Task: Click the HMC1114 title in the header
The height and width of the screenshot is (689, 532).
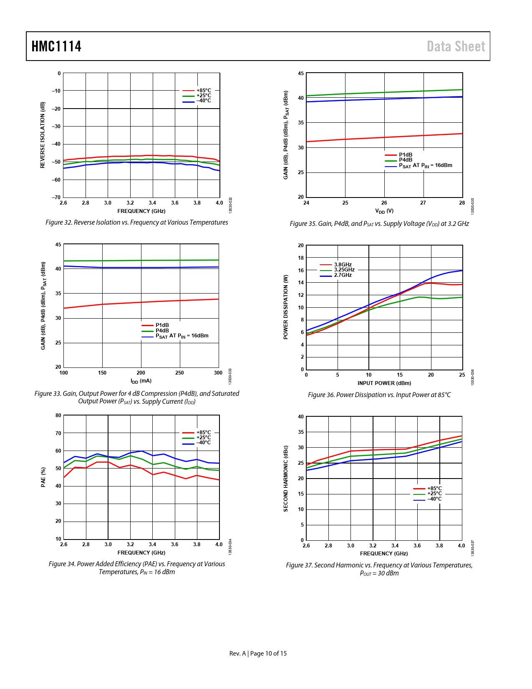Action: pos(56,46)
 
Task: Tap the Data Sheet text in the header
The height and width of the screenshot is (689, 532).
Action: pos(456,46)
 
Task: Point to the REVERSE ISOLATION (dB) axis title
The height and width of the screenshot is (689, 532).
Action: pos(43,135)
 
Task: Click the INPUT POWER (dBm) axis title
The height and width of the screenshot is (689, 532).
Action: pos(384,383)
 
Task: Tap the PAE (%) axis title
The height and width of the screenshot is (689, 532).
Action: pos(43,477)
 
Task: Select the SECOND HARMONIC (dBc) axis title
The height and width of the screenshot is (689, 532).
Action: pos(286,478)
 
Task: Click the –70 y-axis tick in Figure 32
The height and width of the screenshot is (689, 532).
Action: pos(56,197)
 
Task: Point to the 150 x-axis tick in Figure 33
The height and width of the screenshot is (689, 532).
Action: pos(102,373)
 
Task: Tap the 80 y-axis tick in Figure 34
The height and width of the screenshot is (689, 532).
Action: pos(58,415)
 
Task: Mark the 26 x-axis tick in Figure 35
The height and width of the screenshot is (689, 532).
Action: pos(384,203)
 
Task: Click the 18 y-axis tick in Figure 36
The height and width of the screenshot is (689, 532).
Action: pos(301,258)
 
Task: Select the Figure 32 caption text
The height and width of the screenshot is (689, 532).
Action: pos(136,223)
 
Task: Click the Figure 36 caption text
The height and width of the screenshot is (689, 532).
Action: pos(379,395)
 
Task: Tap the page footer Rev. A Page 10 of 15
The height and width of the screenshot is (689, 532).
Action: pos(258,654)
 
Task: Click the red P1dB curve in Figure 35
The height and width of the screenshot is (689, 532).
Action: pos(384,137)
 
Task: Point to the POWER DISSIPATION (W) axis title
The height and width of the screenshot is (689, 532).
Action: pos(286,307)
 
